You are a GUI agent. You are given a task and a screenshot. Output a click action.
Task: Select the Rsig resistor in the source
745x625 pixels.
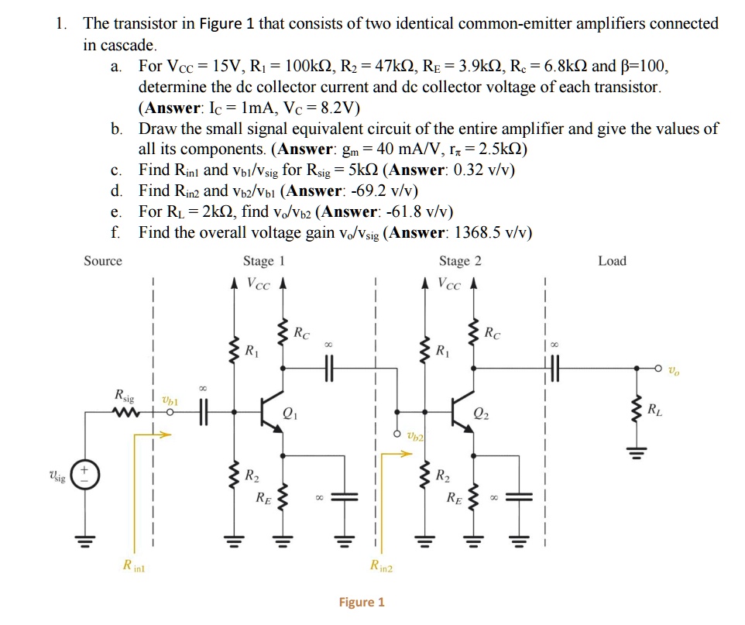(123, 411)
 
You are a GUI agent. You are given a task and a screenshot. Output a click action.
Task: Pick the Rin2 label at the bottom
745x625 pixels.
(381, 567)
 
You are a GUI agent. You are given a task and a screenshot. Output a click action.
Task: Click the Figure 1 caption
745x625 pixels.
(362, 602)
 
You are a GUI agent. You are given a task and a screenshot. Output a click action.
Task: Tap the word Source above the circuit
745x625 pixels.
(102, 261)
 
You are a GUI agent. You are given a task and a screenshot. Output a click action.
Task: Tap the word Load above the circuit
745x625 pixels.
(612, 261)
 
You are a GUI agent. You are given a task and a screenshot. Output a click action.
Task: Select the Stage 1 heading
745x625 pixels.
(264, 261)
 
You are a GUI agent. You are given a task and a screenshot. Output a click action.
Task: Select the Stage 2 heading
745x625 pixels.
(460, 261)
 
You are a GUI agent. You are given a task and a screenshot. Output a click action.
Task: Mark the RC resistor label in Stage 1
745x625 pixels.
(303, 335)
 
